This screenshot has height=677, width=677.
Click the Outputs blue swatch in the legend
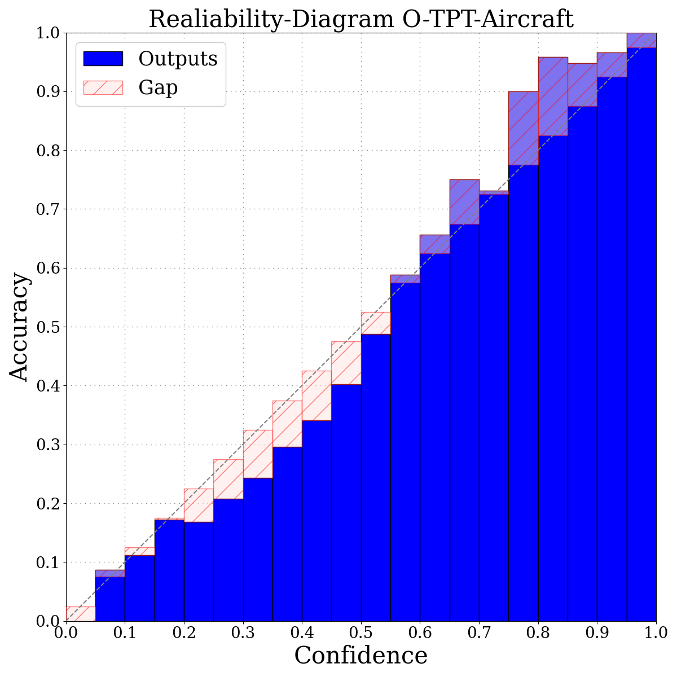(103, 58)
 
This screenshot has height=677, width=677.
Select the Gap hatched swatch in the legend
(103, 87)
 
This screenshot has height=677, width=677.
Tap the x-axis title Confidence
(361, 656)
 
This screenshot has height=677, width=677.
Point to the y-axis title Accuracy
(19, 327)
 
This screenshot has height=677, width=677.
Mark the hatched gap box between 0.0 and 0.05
(81, 614)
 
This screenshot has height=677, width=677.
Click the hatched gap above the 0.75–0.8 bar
(523, 128)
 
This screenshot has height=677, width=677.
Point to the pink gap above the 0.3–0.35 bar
(258, 454)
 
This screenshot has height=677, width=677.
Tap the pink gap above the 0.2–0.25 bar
(199, 505)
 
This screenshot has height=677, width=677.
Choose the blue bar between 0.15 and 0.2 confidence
(169, 570)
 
